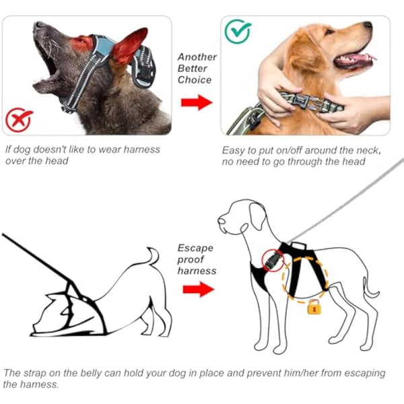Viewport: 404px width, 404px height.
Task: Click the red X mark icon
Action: pyautogui.click(x=18, y=122)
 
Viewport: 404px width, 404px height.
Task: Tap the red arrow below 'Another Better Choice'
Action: pyautogui.click(x=196, y=103)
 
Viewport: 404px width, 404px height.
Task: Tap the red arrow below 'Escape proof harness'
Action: pyautogui.click(x=197, y=290)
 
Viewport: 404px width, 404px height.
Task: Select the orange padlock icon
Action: pyautogui.click(x=313, y=307)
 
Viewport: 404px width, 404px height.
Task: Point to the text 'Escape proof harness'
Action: pyautogui.click(x=197, y=259)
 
